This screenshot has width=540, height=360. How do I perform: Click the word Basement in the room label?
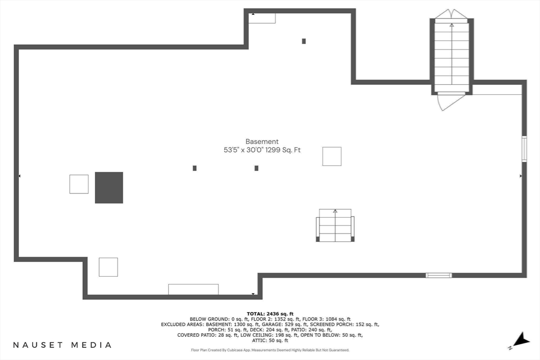click(x=262, y=141)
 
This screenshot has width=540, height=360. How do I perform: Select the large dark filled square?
click(x=109, y=188)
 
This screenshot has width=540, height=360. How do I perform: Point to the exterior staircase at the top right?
click(x=452, y=55)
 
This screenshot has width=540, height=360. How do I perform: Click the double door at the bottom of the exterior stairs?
click(x=451, y=100)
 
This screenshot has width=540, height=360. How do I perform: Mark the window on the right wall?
click(x=524, y=148)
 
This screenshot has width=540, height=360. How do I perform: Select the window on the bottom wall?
click(x=439, y=275)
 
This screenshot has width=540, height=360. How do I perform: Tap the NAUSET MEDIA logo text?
click(x=62, y=345)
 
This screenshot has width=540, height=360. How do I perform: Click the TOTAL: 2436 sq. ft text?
click(x=270, y=314)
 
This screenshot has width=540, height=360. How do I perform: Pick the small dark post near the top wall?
click(x=304, y=41)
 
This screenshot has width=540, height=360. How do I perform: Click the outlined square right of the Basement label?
click(x=332, y=157)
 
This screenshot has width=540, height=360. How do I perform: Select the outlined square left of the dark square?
click(x=79, y=184)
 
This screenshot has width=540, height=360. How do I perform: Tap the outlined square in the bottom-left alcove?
click(x=108, y=267)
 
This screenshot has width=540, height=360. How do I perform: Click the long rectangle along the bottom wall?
click(x=193, y=289)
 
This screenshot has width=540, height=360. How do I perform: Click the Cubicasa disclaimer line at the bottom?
click(x=270, y=350)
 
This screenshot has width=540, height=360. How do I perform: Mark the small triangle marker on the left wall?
click(x=20, y=176)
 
